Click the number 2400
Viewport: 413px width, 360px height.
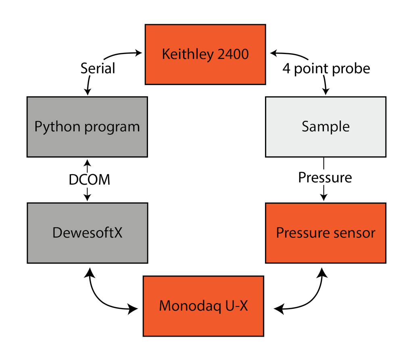point(233,54)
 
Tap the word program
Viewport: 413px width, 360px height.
point(113,128)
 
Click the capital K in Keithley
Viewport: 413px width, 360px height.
point(166,54)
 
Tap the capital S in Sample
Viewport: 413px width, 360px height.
point(306,127)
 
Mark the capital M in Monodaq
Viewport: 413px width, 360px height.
point(165,306)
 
